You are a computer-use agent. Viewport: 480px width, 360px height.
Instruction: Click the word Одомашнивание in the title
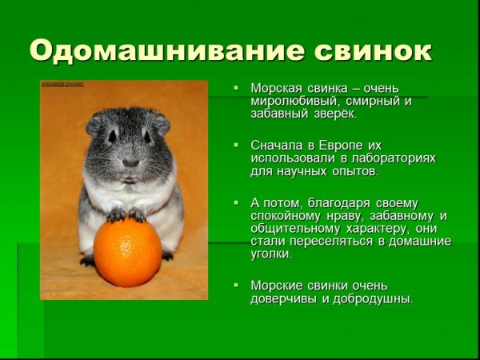tap(152, 50)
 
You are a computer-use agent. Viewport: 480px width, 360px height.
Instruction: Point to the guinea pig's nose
tap(130, 162)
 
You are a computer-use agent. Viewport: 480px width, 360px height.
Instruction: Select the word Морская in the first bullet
tap(275, 87)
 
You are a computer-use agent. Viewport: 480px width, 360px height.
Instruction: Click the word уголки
tap(271, 254)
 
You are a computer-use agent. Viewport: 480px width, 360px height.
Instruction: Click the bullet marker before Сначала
tap(236, 146)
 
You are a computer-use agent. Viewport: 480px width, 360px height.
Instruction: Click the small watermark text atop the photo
tap(62, 83)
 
